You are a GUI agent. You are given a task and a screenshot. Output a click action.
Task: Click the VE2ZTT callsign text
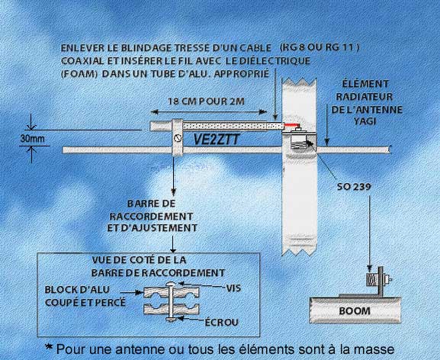pyautogui.click(x=217, y=140)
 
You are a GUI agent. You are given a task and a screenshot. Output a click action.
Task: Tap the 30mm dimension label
pyautogui.click(x=32, y=138)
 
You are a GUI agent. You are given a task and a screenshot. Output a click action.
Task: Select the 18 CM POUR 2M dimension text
pyautogui.click(x=206, y=101)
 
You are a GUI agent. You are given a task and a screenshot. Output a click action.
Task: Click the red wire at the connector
pyautogui.click(x=291, y=124)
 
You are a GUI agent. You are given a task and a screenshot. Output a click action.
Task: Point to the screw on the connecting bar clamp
pyautogui.click(x=178, y=138)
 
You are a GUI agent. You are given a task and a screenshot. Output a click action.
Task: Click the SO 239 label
pyautogui.click(x=354, y=187)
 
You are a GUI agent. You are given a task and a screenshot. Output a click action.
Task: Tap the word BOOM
pyautogui.click(x=355, y=311)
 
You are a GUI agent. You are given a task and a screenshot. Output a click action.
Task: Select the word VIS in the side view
pyautogui.click(x=233, y=288)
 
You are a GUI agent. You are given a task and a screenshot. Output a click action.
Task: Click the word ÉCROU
pyautogui.click(x=221, y=322)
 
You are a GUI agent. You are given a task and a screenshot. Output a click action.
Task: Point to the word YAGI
pyautogui.click(x=365, y=121)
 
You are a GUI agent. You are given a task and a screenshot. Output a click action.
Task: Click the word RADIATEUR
pyautogui.click(x=365, y=97)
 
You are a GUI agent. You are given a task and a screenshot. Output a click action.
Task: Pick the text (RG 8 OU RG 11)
pyautogui.click(x=320, y=47)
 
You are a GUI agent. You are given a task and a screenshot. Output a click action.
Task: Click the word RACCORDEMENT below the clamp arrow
pyautogui.click(x=151, y=217)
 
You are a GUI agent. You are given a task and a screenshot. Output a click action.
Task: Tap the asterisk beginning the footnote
pyautogui.click(x=49, y=348)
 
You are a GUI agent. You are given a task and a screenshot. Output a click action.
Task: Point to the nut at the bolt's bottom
pyautogui.click(x=171, y=319)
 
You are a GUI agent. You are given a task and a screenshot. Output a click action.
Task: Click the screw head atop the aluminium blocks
pyautogui.click(x=171, y=284)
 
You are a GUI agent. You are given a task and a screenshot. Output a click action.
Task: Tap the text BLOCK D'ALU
pyautogui.click(x=77, y=289)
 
